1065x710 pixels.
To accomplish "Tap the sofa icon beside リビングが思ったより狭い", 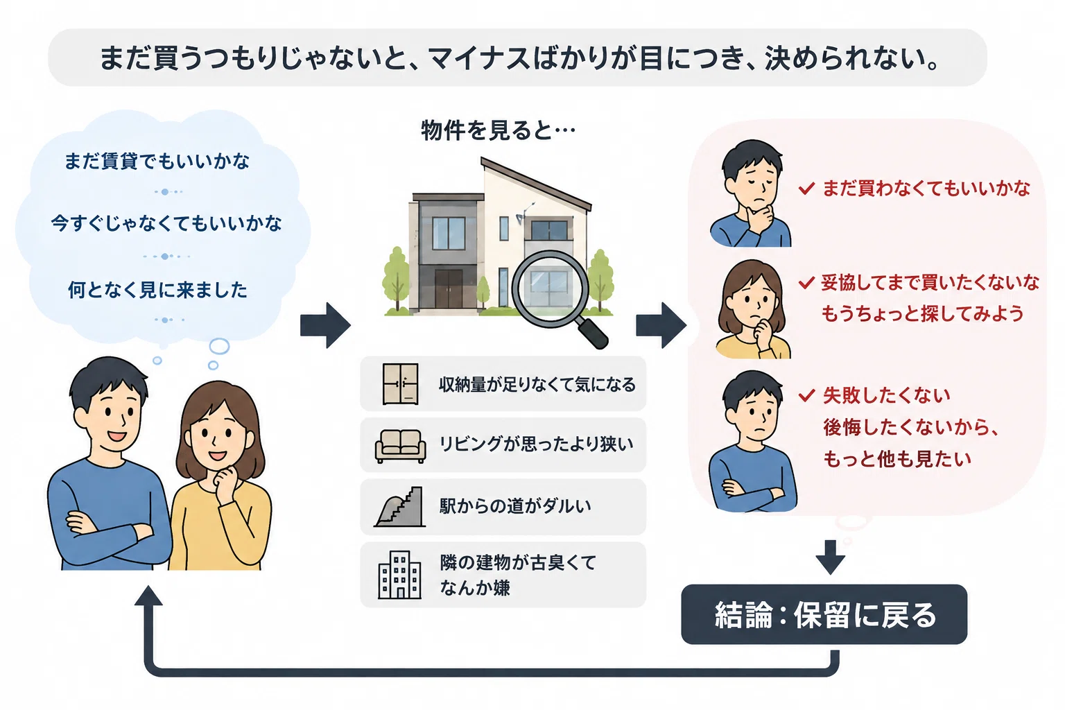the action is (x=400, y=446).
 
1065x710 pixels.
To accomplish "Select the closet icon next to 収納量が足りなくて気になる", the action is (x=400, y=383).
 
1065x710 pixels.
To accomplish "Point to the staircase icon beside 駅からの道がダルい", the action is (x=400, y=506).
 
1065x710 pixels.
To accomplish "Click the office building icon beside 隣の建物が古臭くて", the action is (x=400, y=575).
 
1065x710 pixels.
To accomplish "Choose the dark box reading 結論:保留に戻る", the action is (x=824, y=614).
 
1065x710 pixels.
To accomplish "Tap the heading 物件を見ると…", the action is (x=498, y=130).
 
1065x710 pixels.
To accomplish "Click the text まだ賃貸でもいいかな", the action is (x=157, y=162).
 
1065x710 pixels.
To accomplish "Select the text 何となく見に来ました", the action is (x=157, y=290).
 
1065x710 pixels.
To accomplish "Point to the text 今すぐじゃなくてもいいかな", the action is (x=166, y=223).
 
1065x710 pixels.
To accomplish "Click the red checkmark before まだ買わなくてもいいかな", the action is (x=807, y=189).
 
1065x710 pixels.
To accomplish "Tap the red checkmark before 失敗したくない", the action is (x=807, y=395).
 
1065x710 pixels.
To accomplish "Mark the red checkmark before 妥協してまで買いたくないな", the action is (x=807, y=283).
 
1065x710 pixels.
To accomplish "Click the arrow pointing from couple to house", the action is (x=326, y=325).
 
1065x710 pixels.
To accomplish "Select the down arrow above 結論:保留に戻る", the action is (x=830, y=557).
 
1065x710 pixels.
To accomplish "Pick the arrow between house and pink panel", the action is (x=661, y=325).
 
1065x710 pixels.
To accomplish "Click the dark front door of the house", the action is (x=449, y=289).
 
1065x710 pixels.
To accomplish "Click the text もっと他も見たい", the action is (x=897, y=459).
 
